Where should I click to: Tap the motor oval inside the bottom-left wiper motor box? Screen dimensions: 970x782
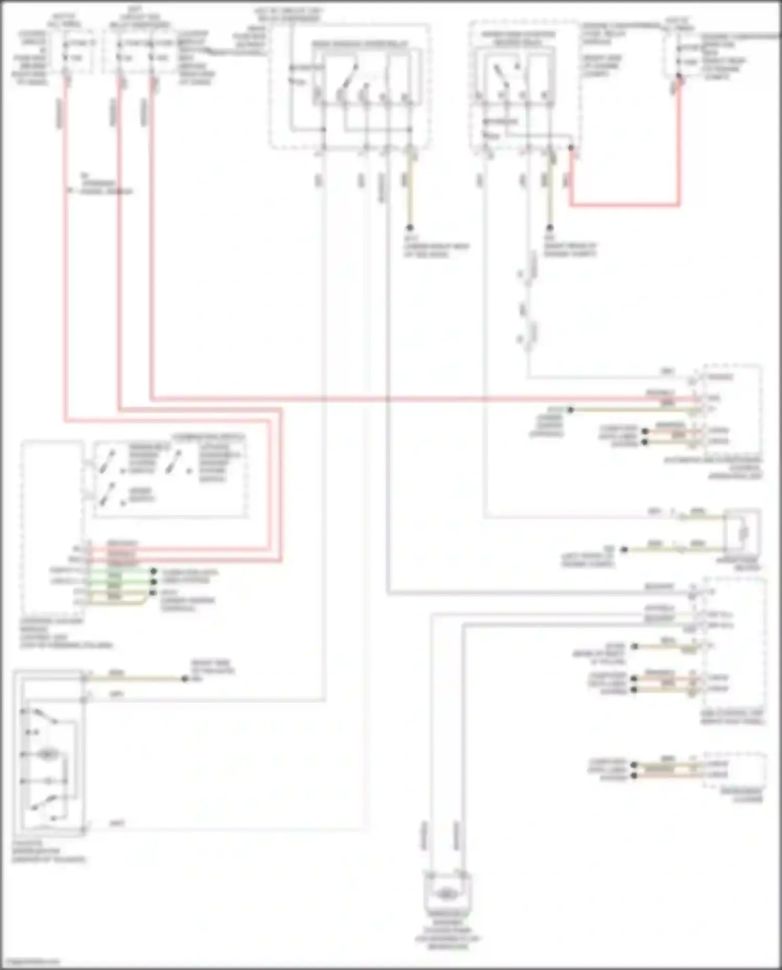coord(48,754)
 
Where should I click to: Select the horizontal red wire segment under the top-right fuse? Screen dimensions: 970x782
coord(625,205)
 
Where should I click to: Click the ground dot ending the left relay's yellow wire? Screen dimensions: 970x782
coord(410,228)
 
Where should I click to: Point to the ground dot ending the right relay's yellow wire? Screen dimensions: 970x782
coord(549,228)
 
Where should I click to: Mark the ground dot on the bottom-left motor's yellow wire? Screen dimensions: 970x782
coord(185,679)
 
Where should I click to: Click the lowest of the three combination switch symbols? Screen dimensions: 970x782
coord(108,494)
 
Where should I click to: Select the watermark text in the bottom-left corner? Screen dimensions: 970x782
coord(30,961)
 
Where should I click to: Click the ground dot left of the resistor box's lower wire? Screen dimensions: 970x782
coord(624,549)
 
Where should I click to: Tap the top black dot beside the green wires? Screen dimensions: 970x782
coord(153,572)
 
